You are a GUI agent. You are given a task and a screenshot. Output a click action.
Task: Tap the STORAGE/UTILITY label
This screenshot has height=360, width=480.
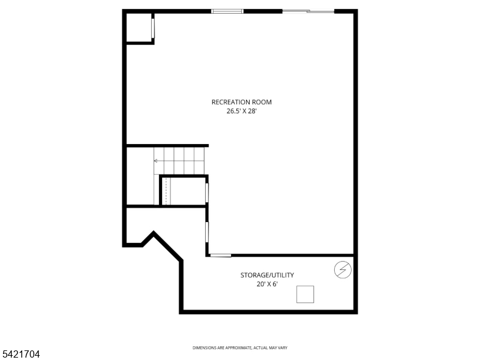coord(267,275)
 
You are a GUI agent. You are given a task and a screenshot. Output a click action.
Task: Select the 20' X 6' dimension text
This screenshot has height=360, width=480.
coord(267,284)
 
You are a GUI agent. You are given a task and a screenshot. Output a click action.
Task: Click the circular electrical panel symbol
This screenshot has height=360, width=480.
coord(343,271)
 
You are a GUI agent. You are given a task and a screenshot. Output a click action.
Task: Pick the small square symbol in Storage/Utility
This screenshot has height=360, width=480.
coord(305,294)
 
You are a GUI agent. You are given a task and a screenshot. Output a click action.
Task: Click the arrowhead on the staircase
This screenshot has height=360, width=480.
coord(156,161)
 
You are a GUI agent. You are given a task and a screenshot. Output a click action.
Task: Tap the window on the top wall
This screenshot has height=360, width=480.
coord(227,11)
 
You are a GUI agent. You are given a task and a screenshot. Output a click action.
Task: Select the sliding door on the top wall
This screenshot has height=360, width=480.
coord(308,11)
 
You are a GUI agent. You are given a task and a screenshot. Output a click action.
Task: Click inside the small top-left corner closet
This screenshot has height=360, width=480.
coord(139,28)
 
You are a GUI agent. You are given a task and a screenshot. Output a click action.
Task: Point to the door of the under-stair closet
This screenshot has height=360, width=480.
coord(207,192)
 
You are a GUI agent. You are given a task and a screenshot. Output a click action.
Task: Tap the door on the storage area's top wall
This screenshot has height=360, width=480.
coord(221,256)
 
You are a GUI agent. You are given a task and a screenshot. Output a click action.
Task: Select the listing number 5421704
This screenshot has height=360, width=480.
coord(20,355)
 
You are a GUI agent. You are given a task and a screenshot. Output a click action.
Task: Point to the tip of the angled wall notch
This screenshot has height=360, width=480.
coord(154,233)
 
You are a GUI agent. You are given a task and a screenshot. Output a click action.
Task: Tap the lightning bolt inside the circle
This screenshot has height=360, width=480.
coord(343,271)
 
